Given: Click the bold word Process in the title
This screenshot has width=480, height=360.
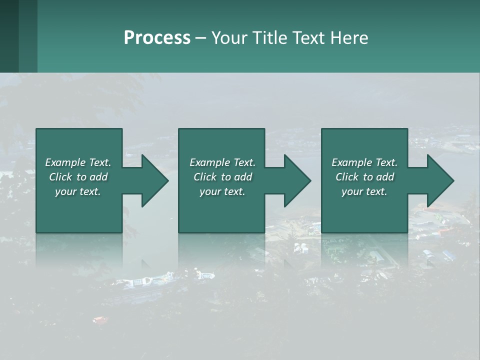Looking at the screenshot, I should [x=157, y=38].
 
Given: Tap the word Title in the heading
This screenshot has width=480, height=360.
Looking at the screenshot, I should [x=267, y=38].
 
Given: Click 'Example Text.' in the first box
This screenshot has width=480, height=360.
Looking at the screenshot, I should [x=78, y=162].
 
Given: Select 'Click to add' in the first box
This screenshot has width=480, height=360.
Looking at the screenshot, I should [x=78, y=177].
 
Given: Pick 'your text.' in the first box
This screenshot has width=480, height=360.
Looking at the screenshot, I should [x=78, y=191].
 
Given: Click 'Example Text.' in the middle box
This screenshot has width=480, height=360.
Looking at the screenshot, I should [x=222, y=162].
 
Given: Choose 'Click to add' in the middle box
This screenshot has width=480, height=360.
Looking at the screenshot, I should [x=222, y=177].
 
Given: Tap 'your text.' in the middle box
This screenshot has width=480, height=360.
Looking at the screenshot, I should [x=222, y=191].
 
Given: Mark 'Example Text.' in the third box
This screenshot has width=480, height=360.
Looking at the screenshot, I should [x=364, y=162].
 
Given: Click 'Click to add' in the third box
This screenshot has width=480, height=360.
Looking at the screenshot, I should [x=364, y=177].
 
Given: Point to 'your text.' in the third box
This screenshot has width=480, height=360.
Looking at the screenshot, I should [x=364, y=191].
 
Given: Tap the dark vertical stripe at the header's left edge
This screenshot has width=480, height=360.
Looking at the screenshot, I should [x=9, y=36].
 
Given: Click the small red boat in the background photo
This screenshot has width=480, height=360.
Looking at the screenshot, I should [x=99, y=319].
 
